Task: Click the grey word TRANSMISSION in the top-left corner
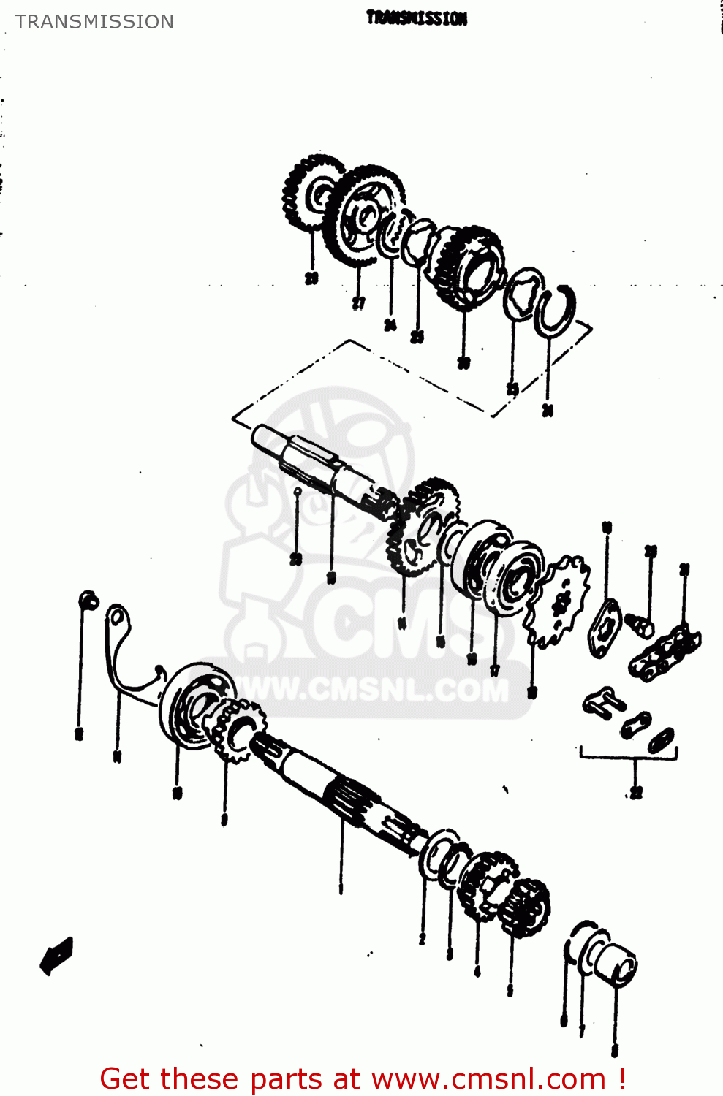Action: click(x=94, y=22)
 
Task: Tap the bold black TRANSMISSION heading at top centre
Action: click(x=416, y=18)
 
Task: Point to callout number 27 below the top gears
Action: click(x=358, y=302)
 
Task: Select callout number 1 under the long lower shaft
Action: click(x=340, y=888)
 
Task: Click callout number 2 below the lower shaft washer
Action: click(x=422, y=939)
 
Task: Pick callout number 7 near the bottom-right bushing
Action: click(x=582, y=1030)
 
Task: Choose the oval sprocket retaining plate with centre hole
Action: click(x=604, y=626)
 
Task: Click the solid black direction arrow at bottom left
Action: click(x=57, y=955)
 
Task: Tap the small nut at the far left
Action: click(x=88, y=601)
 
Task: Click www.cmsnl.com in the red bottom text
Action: click(x=488, y=1078)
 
